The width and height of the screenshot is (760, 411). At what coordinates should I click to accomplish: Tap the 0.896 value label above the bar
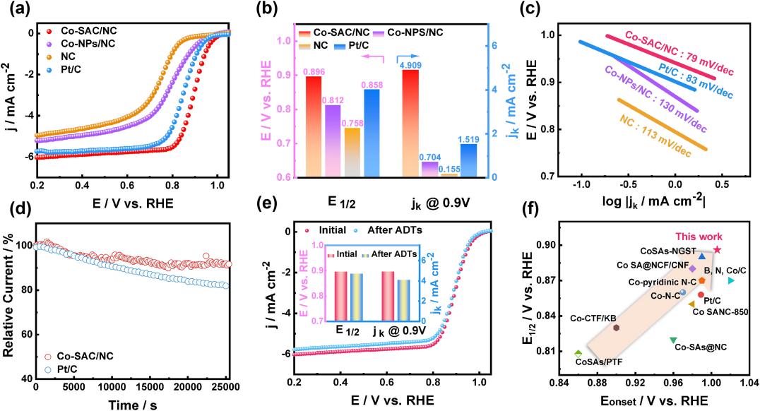click(314, 71)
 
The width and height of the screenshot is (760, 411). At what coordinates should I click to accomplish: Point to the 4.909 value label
click(410, 65)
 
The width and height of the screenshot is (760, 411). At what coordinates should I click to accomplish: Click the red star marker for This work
click(717, 249)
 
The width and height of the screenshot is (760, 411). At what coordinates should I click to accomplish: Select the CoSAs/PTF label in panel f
click(594, 362)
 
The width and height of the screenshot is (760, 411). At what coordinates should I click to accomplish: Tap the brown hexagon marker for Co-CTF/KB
click(617, 328)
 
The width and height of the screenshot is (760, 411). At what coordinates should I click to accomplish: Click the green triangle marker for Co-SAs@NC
click(673, 340)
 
